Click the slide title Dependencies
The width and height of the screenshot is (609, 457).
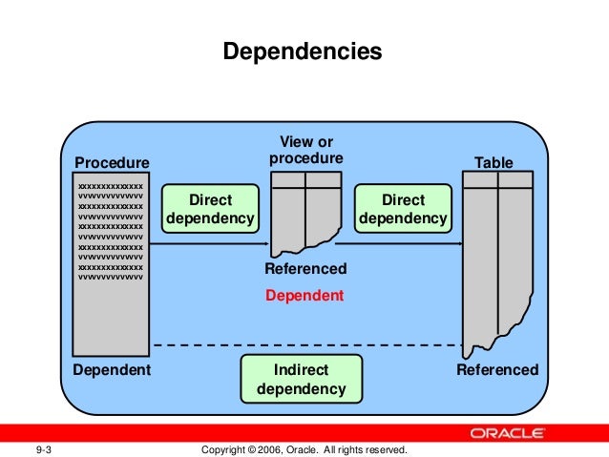coord(303,50)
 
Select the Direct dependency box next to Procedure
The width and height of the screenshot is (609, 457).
coord(210,209)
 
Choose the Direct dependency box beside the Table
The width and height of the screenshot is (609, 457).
coord(402,209)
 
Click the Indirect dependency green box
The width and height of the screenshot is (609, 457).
coord(301,379)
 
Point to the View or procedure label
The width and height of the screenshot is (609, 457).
coord(305,151)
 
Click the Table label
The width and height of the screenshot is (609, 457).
coord(493,163)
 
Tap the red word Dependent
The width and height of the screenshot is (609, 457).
coord(304,296)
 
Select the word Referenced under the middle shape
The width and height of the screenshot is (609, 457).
coord(305,269)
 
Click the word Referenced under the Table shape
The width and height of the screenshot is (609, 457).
coord(497,369)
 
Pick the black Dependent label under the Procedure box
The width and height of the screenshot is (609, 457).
coord(112,369)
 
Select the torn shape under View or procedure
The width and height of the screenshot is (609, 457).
coord(305,212)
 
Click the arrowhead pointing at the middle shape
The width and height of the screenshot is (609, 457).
coord(267,243)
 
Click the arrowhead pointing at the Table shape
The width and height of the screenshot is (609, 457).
coord(459,243)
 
